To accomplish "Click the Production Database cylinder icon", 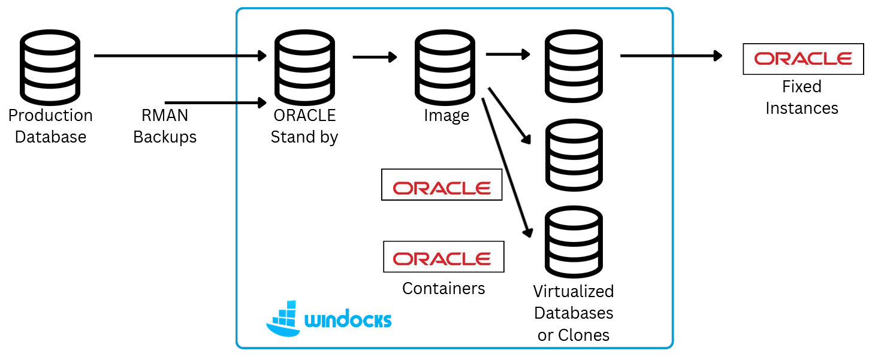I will click(50, 66).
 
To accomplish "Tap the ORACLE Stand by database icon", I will click(304, 66).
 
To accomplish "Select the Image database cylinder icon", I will click(445, 66).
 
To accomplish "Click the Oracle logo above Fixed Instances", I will click(803, 59).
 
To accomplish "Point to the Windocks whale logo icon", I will click(283, 319).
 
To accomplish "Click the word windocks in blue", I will click(348, 319).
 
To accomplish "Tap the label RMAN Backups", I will click(165, 126).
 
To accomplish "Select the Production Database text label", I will click(50, 126).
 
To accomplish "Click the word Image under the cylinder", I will click(446, 116).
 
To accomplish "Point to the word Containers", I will click(443, 288).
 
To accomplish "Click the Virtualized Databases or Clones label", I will click(574, 313).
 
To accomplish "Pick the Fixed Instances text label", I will click(802, 98).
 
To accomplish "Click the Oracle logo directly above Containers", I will click(443, 257).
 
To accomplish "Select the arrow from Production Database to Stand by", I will click(180, 56).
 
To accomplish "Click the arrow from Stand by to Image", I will click(375, 57).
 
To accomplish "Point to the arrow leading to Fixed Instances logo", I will click(671, 56).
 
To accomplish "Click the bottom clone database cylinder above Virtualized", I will click(574, 242).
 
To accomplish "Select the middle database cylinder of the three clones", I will click(574, 155).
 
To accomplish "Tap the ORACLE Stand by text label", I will click(304, 126).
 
